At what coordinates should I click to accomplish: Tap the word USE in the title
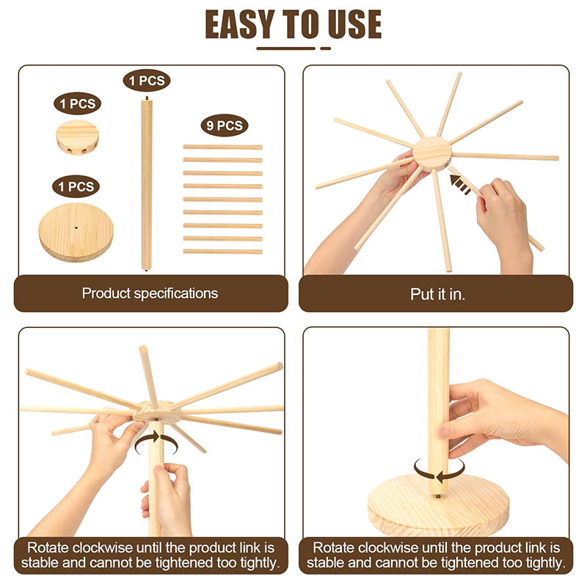(x=354, y=24)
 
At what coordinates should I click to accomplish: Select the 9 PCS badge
(x=225, y=125)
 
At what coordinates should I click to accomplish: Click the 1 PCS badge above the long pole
(x=147, y=81)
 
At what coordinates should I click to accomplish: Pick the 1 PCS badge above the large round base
(x=76, y=186)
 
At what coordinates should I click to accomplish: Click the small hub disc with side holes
(x=78, y=137)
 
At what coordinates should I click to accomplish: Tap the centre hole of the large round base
(x=76, y=227)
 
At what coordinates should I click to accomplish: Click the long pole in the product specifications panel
(x=146, y=183)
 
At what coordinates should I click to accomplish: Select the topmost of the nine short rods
(x=223, y=147)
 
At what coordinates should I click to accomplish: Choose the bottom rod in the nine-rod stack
(x=223, y=252)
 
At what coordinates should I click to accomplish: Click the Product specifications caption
(x=150, y=293)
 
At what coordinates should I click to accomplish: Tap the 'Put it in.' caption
(x=437, y=294)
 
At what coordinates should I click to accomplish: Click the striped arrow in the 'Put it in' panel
(x=461, y=185)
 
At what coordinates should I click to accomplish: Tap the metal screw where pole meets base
(x=437, y=496)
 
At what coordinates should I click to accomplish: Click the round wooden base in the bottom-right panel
(x=438, y=506)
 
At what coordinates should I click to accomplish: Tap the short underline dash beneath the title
(x=325, y=48)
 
